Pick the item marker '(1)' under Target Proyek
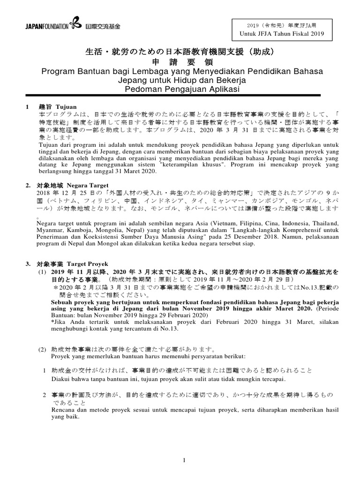[x=42, y=272]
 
